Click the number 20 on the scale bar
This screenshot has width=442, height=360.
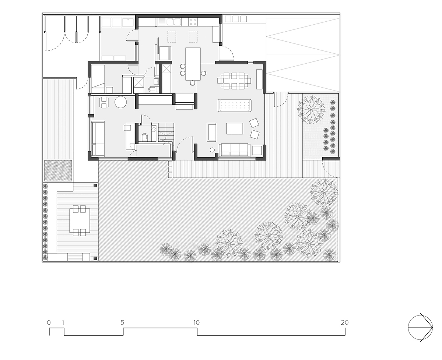tap(344, 322)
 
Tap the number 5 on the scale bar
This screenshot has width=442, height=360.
tap(122, 322)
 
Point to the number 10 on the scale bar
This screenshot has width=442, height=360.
tap(196, 322)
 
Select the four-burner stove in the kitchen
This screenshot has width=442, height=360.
tap(193, 22)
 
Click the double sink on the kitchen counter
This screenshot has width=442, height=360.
tap(173, 22)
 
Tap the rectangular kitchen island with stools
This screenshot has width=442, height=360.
tap(193, 64)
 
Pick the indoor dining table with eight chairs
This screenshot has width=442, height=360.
tap(234, 81)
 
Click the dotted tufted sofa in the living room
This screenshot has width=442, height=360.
tap(235, 106)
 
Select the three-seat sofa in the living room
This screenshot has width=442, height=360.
tap(235, 149)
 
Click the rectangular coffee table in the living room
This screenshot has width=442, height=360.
tap(235, 128)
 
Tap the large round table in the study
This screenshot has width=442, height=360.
tap(120, 102)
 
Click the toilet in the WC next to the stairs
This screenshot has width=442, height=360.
tap(145, 137)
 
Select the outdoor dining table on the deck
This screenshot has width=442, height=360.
tap(80, 220)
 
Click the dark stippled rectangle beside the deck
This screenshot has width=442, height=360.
tap(58, 171)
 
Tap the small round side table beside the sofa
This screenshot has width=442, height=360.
tap(212, 150)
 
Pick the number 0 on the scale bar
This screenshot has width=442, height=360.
tap(49, 322)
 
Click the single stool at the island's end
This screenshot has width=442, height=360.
tap(193, 83)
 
